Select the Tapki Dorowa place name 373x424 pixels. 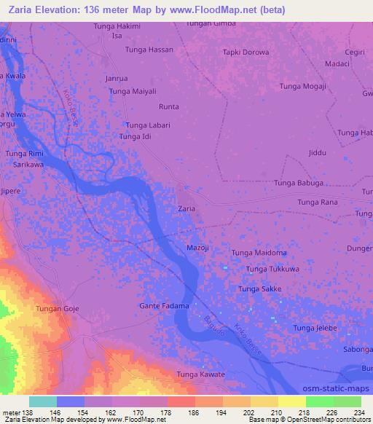coord(246,52)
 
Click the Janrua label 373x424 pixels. coord(117,78)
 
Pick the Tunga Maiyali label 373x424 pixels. coord(133,91)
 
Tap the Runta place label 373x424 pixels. coord(169,106)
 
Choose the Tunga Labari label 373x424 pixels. coord(148,125)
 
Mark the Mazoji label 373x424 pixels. coord(198,248)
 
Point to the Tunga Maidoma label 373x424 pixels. coord(259,253)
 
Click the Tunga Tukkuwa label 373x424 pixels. coord(273,270)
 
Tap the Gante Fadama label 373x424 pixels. coord(164,306)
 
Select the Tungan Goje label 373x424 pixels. coord(58,310)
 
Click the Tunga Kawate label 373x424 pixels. coord(201,374)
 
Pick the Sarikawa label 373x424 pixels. coord(29,165)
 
